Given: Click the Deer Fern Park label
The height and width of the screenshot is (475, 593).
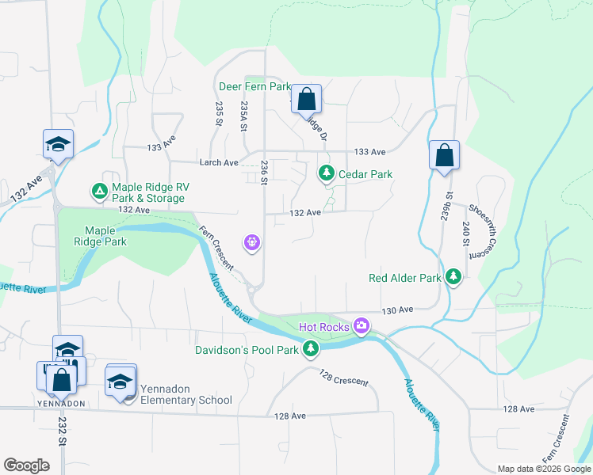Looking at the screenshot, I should click(254, 86).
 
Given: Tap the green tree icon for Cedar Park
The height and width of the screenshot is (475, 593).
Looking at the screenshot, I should click(326, 173).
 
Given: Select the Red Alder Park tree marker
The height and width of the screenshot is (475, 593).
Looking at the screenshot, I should click(453, 278).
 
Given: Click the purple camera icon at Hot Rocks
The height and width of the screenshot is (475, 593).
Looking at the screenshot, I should click(362, 325).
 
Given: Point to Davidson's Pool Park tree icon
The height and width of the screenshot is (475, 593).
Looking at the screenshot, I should click(312, 348).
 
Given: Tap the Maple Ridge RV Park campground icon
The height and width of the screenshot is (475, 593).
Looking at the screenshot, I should click(99, 191).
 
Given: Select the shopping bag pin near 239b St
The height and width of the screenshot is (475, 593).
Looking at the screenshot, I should click(445, 155).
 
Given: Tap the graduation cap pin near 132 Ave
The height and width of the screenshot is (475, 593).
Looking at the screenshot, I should click(58, 144).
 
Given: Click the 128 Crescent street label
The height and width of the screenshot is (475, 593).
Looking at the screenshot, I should click(343, 377).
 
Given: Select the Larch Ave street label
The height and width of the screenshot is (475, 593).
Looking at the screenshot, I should click(219, 162).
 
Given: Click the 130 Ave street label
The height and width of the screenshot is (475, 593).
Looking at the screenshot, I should click(398, 310).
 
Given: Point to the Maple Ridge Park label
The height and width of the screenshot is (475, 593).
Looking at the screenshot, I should click(100, 236).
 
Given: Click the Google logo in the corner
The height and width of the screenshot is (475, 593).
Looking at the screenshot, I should click(27, 465).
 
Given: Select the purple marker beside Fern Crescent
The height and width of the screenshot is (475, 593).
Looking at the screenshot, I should click(253, 242).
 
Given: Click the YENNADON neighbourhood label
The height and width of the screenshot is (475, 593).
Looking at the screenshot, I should click(61, 403).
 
